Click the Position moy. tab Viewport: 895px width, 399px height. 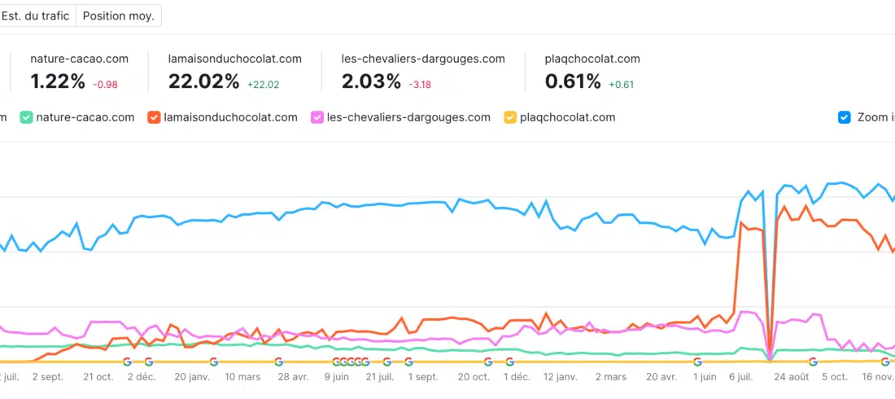pos(118,15)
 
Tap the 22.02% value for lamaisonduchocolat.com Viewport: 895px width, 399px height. pos(203,81)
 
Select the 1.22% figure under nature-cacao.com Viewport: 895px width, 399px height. pos(58,81)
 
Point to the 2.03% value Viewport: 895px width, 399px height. pos(371,81)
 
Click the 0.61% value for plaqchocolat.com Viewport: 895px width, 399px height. pos(573,81)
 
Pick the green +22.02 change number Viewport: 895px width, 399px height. pos(263,84)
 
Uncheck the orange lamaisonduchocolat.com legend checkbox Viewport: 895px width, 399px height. pos(153,117)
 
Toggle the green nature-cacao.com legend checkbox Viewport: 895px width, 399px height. pos(26,117)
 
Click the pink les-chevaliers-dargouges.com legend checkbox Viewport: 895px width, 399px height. pos(317,117)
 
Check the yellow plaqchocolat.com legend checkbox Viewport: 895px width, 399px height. pos(510,117)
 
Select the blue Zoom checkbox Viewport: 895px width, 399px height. pos(845,117)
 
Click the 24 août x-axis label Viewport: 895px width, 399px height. pos(792,377)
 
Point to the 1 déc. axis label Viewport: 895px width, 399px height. pos(517,377)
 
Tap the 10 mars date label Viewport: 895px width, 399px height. pos(242,377)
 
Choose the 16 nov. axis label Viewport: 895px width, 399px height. pos(878,377)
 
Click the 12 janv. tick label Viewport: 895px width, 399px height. pos(561,377)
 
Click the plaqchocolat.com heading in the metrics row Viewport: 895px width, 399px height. pos(592,59)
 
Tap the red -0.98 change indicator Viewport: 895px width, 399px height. pos(105,84)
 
